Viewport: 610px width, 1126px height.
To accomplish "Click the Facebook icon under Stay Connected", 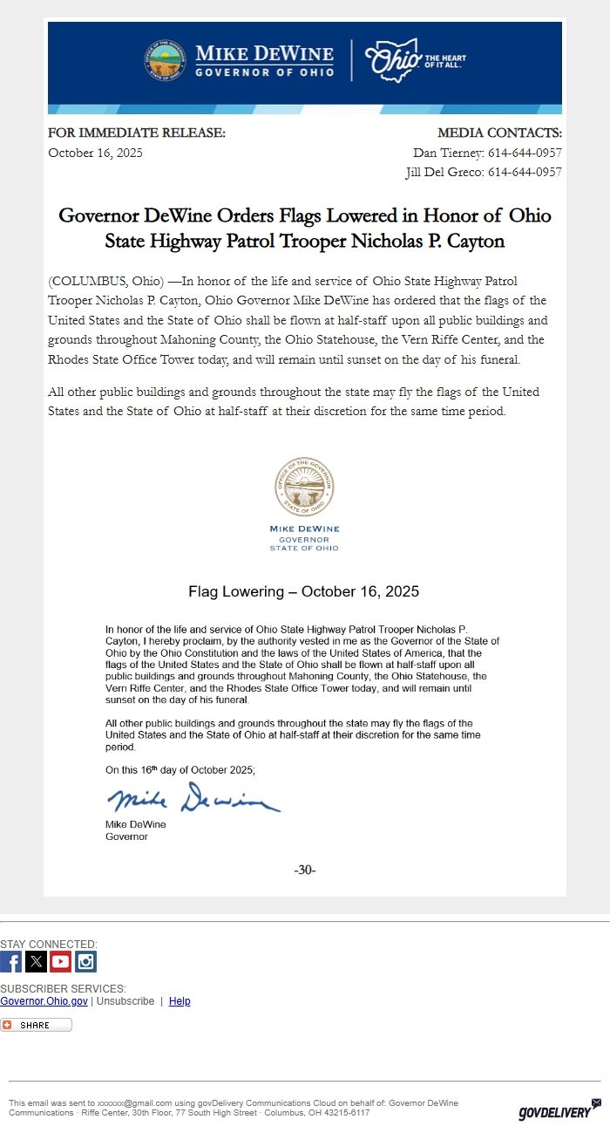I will [10, 961].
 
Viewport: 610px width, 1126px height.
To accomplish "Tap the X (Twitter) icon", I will [36, 961].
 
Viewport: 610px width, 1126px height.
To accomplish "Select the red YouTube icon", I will [60, 961].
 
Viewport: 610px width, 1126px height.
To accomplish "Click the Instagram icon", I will [85, 961].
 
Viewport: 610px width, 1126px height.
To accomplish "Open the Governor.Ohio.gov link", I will [44, 1001].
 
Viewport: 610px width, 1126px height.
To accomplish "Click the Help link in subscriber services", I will [180, 1001].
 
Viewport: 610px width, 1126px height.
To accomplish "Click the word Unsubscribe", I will [125, 1001].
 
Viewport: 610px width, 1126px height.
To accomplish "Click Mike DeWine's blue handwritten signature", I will [193, 798].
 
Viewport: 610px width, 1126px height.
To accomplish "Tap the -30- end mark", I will [305, 870].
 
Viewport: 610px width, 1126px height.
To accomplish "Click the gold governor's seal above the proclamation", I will [304, 487].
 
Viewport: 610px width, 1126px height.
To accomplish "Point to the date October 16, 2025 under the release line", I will [95, 153].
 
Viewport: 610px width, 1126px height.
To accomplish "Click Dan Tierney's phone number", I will [525, 153].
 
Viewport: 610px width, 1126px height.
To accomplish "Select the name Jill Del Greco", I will [444, 172].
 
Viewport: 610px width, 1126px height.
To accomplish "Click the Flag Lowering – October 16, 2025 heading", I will [303, 591].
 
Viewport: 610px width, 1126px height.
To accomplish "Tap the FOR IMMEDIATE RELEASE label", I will [137, 133].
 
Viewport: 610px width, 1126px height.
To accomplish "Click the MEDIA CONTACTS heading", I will [499, 133].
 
